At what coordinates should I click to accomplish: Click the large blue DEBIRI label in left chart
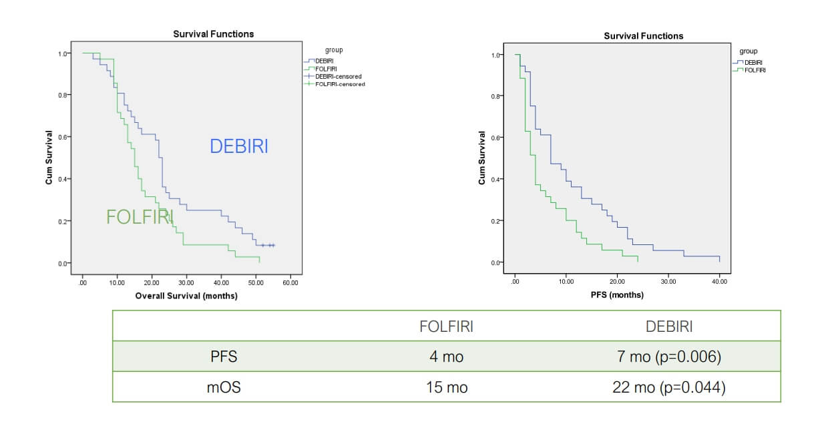click(238, 146)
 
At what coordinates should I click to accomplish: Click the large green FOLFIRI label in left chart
click(140, 217)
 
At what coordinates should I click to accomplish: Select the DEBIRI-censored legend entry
click(338, 77)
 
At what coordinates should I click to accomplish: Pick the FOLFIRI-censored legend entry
click(339, 84)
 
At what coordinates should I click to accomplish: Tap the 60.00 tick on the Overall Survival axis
click(290, 283)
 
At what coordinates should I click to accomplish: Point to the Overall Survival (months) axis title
click(186, 296)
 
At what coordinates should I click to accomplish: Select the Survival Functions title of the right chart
click(643, 36)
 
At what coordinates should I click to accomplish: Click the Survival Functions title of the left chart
click(213, 34)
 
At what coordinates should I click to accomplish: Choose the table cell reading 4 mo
click(446, 357)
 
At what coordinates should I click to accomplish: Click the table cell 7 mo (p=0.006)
click(668, 357)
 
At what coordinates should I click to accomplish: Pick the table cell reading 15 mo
click(446, 387)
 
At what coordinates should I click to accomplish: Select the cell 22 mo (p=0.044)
click(668, 387)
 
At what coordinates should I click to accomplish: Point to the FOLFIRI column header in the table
click(446, 327)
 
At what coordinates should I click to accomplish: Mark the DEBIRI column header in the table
click(668, 327)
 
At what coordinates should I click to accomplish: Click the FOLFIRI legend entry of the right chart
click(755, 70)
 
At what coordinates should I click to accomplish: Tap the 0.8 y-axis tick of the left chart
click(63, 95)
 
